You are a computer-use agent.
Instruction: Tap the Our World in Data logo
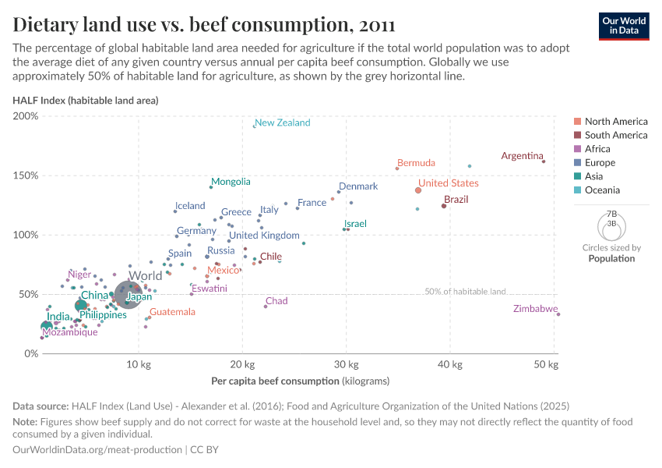click(625, 25)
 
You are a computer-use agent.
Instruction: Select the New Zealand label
click(283, 122)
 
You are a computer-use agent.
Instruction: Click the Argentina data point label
click(521, 156)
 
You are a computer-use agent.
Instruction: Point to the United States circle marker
click(418, 190)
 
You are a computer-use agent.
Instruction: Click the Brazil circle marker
click(444, 206)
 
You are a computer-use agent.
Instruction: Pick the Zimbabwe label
click(536, 309)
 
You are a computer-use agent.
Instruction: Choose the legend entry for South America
click(615, 135)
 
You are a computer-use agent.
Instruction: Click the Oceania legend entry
click(602, 190)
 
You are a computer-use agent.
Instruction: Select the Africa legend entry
click(597, 149)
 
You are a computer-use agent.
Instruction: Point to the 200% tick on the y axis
click(26, 116)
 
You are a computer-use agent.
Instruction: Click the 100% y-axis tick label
click(26, 235)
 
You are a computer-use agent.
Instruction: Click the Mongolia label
click(231, 182)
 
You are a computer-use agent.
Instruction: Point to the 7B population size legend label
click(611, 213)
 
